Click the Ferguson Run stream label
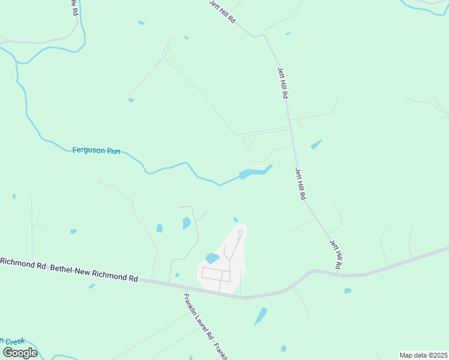coord(96,151)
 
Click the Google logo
coord(20,352)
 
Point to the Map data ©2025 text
coord(423,355)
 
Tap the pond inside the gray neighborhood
coord(212,259)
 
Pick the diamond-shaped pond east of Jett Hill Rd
coord(316,145)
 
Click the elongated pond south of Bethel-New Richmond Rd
coord(261,316)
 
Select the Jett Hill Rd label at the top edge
coord(222,11)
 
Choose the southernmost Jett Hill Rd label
coord(336,254)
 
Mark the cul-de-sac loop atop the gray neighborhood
coord(240,232)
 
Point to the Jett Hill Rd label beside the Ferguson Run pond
coord(301,183)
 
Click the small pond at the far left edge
coord(13,196)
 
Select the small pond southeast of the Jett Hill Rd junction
coord(348,291)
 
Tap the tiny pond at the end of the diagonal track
coord(131,100)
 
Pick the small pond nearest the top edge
coord(141,23)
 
